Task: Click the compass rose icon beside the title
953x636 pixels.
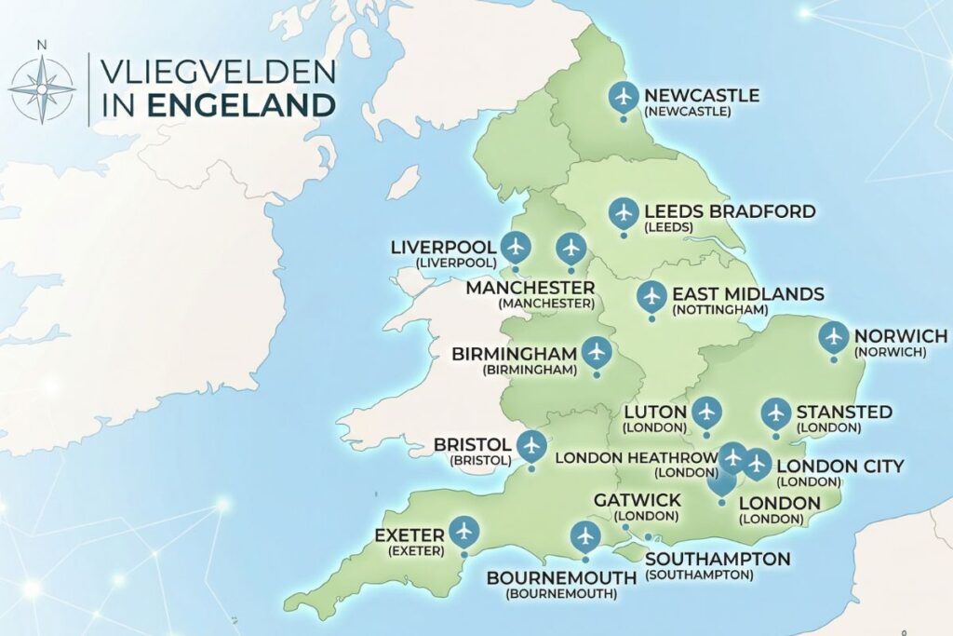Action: pyautogui.click(x=42, y=89)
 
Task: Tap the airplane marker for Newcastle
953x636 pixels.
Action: pyautogui.click(x=624, y=96)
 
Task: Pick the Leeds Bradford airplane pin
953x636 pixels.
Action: pyautogui.click(x=624, y=212)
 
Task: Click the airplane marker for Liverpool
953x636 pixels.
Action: pyautogui.click(x=515, y=247)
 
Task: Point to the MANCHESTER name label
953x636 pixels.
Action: pyautogui.click(x=530, y=287)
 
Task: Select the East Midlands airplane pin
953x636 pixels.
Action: pyautogui.click(x=651, y=296)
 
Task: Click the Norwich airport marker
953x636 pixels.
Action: pyautogui.click(x=834, y=336)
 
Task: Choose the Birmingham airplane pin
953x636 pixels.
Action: pyautogui.click(x=597, y=353)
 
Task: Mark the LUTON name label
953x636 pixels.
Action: pyautogui.click(x=655, y=412)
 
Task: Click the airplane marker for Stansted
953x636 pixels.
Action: pyautogui.click(x=775, y=412)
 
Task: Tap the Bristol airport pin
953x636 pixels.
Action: pyautogui.click(x=531, y=445)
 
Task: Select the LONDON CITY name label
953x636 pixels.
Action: pyautogui.click(x=839, y=466)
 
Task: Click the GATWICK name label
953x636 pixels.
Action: pyautogui.click(x=638, y=501)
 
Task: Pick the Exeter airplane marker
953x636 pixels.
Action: pyautogui.click(x=463, y=532)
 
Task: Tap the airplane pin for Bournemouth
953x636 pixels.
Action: pyautogui.click(x=584, y=535)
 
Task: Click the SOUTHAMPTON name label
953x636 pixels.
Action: pyautogui.click(x=718, y=559)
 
